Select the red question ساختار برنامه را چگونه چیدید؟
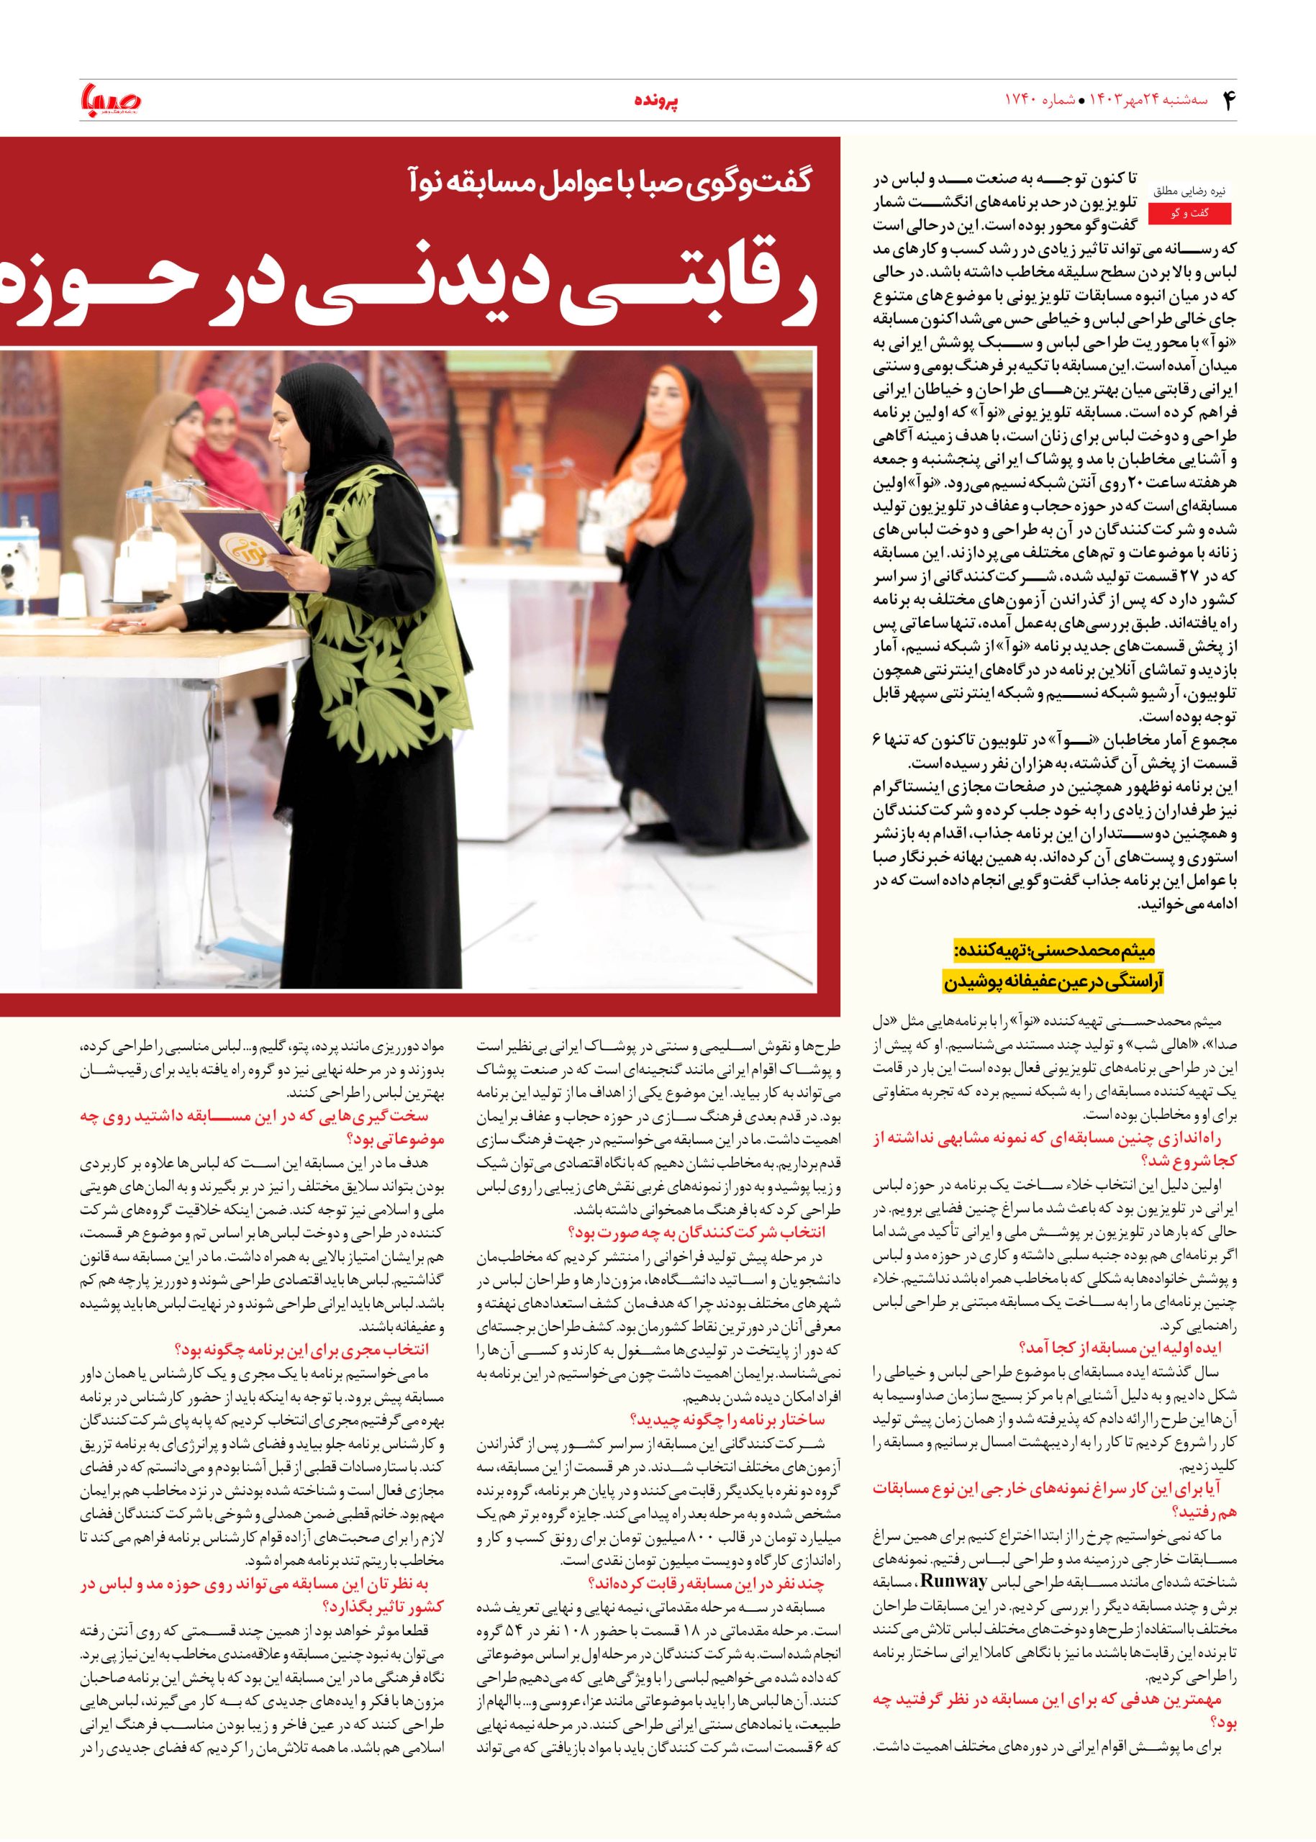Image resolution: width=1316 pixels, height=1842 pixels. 727,1419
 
